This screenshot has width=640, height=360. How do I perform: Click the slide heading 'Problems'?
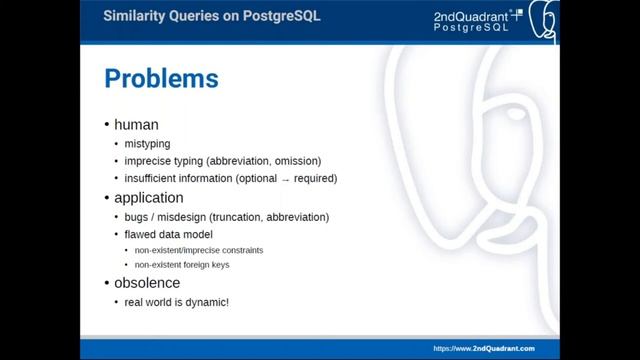coord(161,78)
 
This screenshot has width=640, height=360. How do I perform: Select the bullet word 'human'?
coord(136,125)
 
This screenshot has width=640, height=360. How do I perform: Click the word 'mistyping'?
coord(147,144)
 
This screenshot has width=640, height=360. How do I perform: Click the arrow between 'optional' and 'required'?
coord(285,179)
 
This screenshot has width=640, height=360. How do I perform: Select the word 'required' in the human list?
coord(313,179)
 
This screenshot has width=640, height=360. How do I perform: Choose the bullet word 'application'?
coord(148,198)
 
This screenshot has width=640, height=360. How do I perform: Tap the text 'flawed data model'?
coord(167,234)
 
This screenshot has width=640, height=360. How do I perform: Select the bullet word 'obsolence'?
coord(146,283)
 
